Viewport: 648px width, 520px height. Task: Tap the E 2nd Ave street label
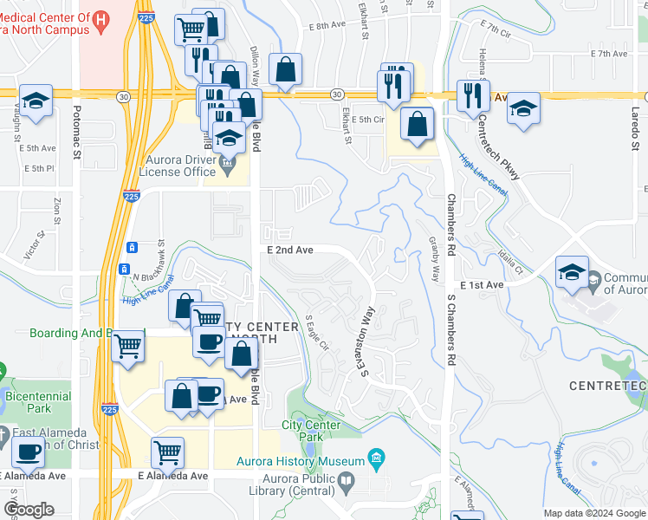289,250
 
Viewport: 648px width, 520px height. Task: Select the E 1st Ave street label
482,284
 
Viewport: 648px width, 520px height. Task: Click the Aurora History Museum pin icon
376,457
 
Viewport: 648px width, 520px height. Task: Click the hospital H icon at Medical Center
101,17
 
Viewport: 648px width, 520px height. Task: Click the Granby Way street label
434,260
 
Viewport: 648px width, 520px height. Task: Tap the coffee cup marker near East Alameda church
28,451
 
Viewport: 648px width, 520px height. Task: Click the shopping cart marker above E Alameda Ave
166,451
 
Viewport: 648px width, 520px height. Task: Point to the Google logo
29,510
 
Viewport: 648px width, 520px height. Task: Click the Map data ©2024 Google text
593,513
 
